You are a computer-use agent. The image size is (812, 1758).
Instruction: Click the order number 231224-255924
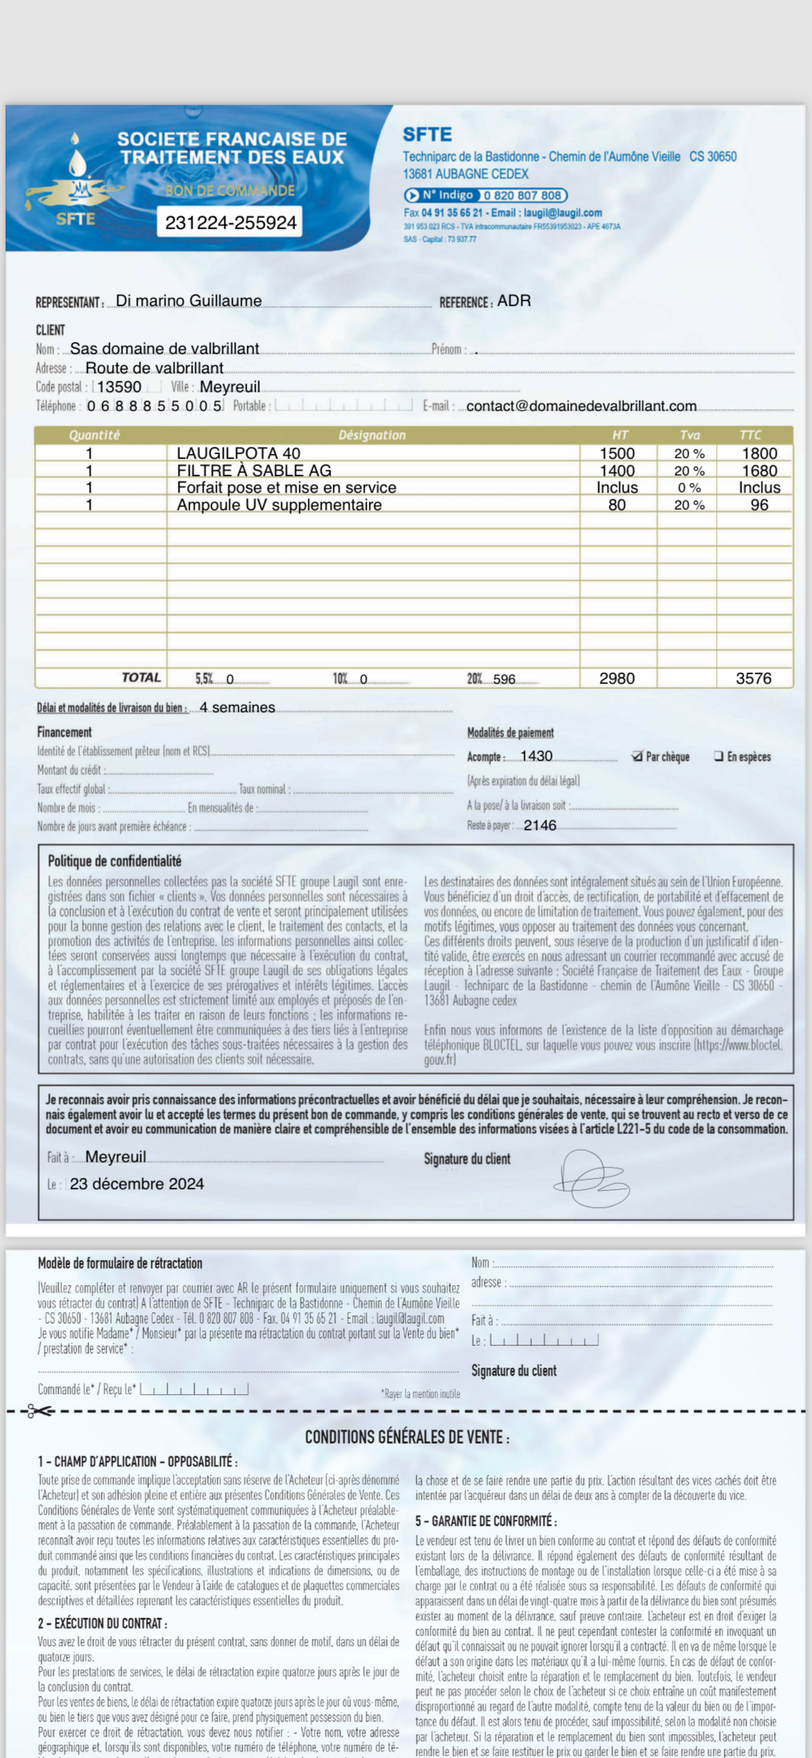click(x=231, y=223)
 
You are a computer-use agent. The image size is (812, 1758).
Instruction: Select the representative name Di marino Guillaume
click(x=188, y=301)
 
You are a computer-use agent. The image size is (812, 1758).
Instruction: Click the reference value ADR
click(x=514, y=301)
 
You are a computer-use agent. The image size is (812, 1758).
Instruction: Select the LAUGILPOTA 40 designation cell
click(x=238, y=453)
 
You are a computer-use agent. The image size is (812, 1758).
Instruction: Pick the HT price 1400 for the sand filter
click(x=617, y=471)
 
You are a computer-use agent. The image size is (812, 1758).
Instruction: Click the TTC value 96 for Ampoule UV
click(x=759, y=505)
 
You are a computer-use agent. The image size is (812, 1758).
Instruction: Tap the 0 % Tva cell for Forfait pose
click(x=689, y=488)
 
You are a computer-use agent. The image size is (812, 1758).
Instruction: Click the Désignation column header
click(x=372, y=435)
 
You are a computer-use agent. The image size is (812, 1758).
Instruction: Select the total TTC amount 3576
click(x=753, y=678)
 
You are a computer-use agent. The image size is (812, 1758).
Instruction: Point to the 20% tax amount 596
click(x=504, y=679)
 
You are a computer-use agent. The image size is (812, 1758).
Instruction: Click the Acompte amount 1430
click(x=536, y=756)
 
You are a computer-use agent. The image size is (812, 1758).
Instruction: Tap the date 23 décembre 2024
click(x=136, y=1184)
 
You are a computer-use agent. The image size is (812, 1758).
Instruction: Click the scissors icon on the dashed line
click(x=38, y=1411)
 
